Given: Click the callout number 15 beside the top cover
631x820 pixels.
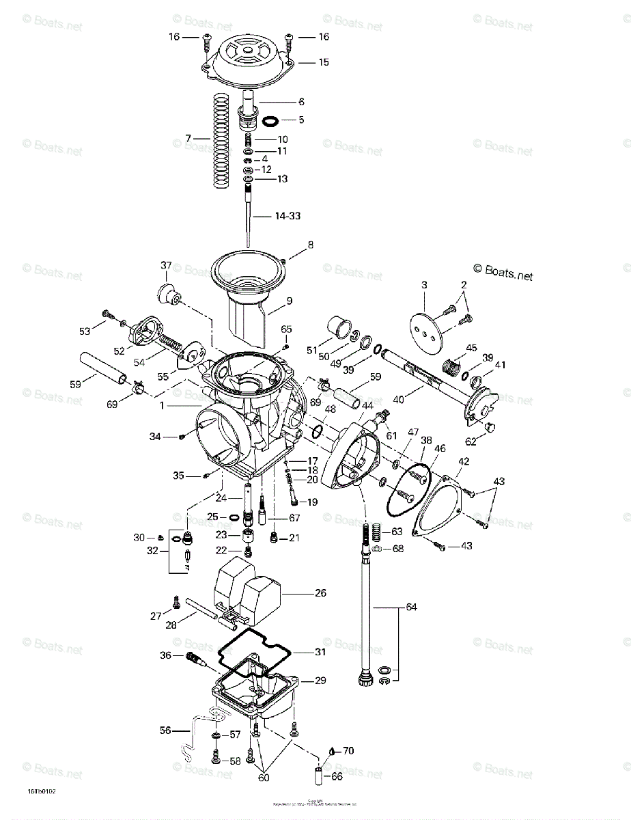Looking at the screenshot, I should coord(323,62).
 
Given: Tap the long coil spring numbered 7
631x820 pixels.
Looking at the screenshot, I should coord(219,140).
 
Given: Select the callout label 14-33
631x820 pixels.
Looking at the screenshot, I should coord(288,216).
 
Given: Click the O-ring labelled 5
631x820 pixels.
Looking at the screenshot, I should coord(270,121).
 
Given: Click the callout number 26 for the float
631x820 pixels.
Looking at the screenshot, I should coord(320,593).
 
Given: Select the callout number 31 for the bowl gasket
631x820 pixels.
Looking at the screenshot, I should coord(320,652).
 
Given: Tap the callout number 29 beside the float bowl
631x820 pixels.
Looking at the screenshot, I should coord(320,681).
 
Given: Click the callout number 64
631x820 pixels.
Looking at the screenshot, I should coord(410,607).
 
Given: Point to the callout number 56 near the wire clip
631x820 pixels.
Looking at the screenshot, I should coord(165,730).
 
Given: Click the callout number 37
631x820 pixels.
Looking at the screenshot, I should coord(165,266).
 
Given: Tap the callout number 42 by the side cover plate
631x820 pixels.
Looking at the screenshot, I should coord(464,461).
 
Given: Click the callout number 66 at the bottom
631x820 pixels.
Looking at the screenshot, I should coord(337,777).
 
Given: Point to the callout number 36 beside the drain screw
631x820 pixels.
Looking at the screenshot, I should coord(165,655).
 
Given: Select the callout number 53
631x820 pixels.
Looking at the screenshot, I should coord(84,331).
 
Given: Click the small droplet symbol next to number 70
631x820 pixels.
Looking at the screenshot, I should coord(331,750).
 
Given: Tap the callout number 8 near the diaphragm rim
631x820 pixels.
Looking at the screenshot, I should coord(311,244).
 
